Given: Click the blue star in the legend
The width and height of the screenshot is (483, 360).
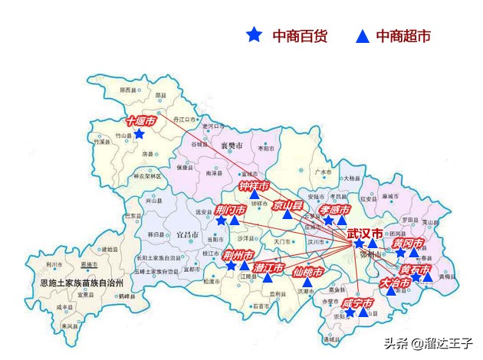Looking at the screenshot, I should pos(254,35).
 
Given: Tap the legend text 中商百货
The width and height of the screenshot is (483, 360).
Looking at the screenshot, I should pos(301,35).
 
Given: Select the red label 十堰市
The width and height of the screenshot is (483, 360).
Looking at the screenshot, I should pos(141,121).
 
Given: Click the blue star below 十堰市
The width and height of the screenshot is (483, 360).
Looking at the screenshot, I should pos(139,134).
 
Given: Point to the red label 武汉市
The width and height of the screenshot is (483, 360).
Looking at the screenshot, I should pos(364,233).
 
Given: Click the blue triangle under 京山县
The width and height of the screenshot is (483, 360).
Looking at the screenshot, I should pos(287,214).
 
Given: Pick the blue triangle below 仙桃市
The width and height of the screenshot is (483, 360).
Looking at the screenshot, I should pos(307,282).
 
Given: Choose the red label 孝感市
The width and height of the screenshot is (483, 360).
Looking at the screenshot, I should pos(335,209).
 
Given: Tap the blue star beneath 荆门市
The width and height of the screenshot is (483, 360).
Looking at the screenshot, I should pos(221,221).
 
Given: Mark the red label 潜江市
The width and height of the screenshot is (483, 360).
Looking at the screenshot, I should pos(268,267).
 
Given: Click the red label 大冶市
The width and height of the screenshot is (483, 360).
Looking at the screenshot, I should pos(395,282).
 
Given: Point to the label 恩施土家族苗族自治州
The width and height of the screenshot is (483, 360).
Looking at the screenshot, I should pos(87,283).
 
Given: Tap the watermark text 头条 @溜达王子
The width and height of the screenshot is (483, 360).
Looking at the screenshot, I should pos(429,344).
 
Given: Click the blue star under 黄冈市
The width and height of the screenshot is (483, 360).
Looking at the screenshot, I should pos(399,252).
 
